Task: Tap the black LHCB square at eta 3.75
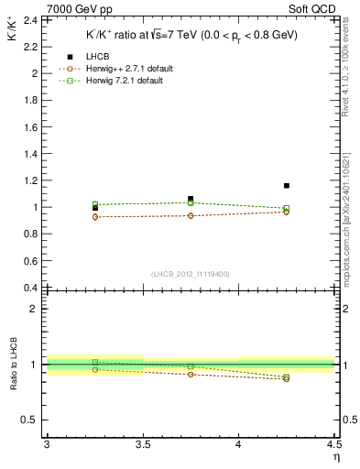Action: coord(191,199)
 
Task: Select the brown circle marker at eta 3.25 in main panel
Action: coord(94,217)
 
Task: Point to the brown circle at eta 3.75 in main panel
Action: coord(191,215)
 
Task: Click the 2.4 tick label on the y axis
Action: coord(30,19)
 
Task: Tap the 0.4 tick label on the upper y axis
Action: coord(30,288)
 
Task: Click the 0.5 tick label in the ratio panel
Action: coord(30,420)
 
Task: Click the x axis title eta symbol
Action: coord(335,457)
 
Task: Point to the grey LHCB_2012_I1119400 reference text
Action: coord(191,274)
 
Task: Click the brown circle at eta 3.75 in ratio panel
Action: coord(191,374)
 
